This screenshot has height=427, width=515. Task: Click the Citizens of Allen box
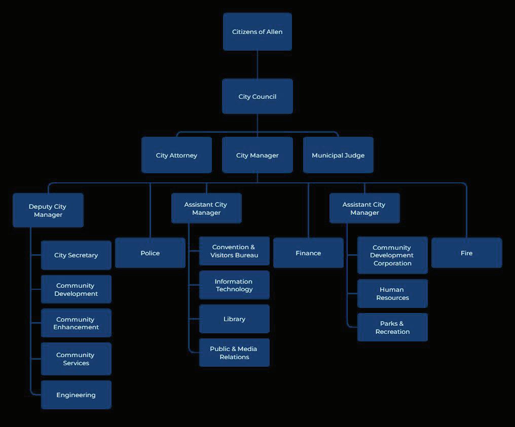click(257, 31)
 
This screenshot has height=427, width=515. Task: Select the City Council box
click(257, 96)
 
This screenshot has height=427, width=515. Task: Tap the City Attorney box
click(176, 155)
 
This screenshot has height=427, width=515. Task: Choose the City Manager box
click(257, 155)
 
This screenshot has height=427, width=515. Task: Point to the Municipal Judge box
click(338, 155)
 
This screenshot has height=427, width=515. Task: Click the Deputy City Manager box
click(48, 210)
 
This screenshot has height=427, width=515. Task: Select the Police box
click(150, 253)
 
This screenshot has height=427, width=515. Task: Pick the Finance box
click(308, 253)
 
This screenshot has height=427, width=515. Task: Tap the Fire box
click(466, 253)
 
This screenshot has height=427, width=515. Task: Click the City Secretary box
click(76, 255)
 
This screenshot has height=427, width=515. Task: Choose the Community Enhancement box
click(76, 323)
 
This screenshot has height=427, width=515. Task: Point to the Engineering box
click(76, 395)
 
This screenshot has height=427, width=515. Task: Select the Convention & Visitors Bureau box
click(234, 251)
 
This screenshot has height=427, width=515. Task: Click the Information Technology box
click(234, 285)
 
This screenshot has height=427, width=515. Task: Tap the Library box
click(234, 319)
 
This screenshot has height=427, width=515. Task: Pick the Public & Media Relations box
click(234, 353)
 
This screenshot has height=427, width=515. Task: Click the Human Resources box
click(392, 294)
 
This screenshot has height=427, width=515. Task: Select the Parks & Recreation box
click(392, 327)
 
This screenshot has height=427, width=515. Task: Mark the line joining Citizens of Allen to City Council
click(257, 64)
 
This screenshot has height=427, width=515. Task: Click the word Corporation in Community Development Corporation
click(392, 263)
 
